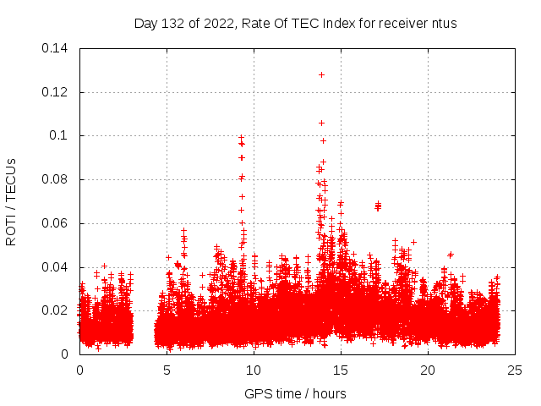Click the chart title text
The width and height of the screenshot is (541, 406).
point(295,24)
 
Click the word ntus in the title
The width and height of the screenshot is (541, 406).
point(442,24)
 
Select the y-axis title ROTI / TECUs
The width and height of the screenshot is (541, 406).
point(11,201)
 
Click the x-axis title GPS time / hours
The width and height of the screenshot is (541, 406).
point(295,393)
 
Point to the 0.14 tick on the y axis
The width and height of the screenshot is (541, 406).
point(55,48)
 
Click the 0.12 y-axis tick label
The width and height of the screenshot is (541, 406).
point(55,91)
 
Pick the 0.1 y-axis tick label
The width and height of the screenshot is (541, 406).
point(59,135)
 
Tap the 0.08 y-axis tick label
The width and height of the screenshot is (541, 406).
point(55,179)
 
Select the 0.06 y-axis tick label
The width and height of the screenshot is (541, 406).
point(55,223)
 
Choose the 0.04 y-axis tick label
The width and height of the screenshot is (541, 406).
point(55,267)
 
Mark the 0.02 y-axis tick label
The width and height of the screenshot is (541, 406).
point(55,310)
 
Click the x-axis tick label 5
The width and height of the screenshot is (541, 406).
point(167,370)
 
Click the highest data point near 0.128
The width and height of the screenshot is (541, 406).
point(321,74)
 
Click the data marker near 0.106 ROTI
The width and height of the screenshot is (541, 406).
point(321,123)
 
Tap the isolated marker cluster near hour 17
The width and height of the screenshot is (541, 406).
point(378,206)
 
